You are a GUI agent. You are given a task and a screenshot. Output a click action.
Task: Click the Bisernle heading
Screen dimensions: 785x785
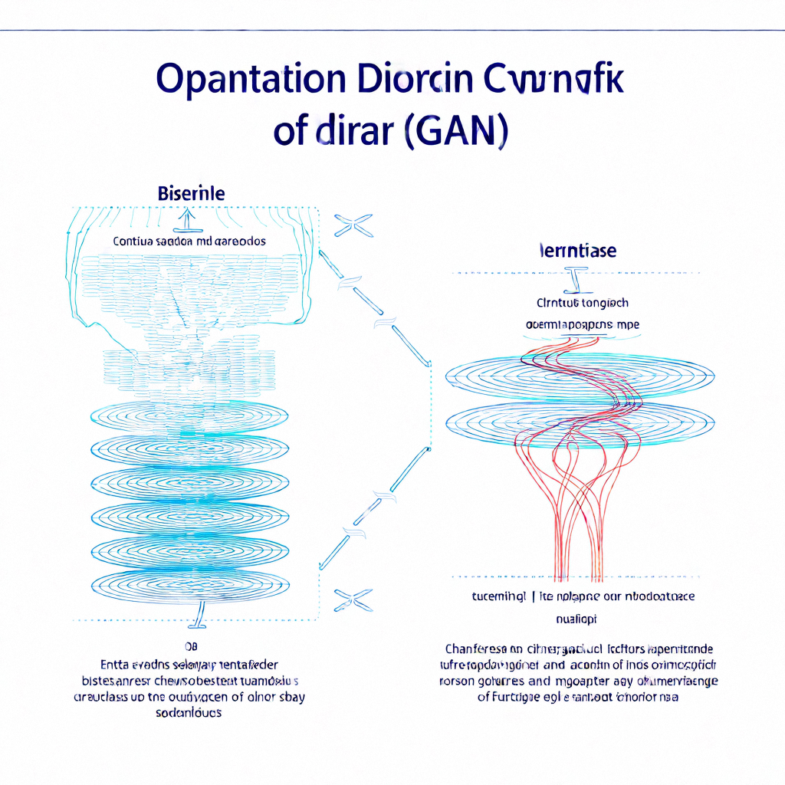pyautogui.click(x=191, y=193)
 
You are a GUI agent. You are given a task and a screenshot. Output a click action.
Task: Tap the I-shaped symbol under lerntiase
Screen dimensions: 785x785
pyautogui.click(x=574, y=281)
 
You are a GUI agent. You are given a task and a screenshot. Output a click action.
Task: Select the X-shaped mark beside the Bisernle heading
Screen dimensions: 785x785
pyautogui.click(x=353, y=225)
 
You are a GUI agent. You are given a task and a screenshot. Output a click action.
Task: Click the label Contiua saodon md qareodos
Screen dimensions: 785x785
pyautogui.click(x=189, y=241)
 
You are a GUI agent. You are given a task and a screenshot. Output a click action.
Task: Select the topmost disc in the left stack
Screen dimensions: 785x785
pyautogui.click(x=190, y=415)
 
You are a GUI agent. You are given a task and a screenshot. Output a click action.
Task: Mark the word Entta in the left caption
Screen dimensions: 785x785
pyautogui.click(x=114, y=664)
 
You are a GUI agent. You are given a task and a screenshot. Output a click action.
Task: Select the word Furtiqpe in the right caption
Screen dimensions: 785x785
pyautogui.click(x=517, y=698)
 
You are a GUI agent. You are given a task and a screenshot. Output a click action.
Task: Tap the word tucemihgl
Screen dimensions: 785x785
pyautogui.click(x=498, y=596)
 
